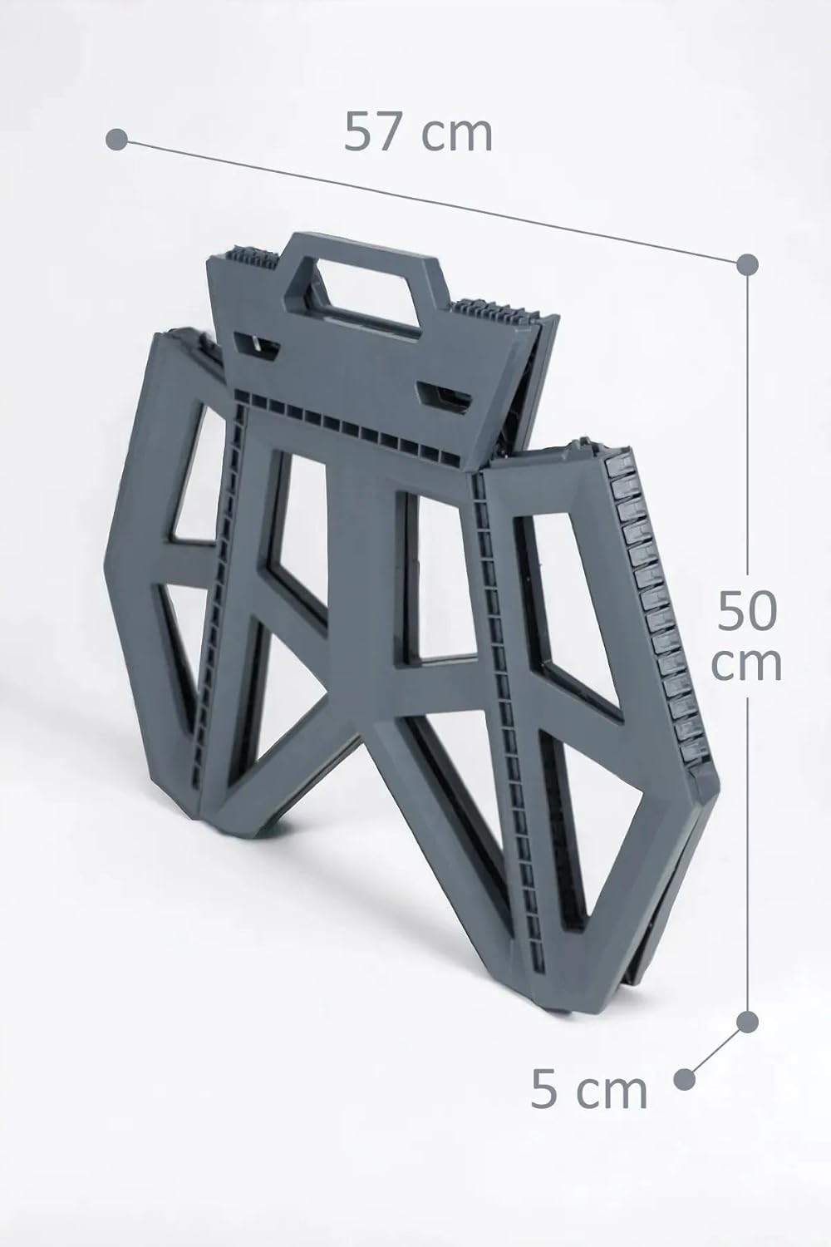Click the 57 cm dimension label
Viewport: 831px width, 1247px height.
point(418,132)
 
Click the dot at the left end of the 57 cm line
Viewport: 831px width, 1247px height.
point(117,139)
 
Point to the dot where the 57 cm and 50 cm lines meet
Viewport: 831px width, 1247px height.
point(747,264)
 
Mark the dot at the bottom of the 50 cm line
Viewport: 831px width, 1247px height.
point(747,1022)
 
